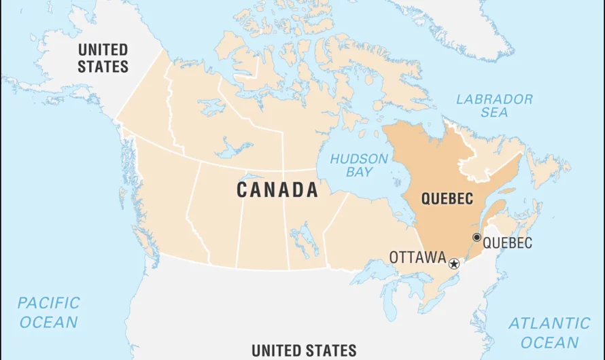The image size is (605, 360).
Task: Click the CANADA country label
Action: click(x=277, y=191)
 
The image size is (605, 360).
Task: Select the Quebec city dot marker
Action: click(x=477, y=237)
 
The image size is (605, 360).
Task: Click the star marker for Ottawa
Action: click(x=454, y=264)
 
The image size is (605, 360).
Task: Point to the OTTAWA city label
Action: click(x=417, y=258)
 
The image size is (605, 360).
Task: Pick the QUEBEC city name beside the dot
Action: click(x=508, y=242)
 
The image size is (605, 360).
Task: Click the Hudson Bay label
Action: click(x=359, y=165)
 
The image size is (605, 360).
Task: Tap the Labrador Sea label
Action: click(x=494, y=105)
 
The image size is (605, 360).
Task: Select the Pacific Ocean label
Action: click(x=48, y=312)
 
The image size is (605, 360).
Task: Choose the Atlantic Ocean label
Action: click(x=549, y=332)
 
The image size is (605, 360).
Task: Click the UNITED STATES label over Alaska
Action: click(x=103, y=58)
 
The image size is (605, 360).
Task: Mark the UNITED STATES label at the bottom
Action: click(x=304, y=350)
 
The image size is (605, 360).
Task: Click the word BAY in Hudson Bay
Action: click(x=359, y=172)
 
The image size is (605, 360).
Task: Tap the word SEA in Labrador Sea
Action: click(x=494, y=113)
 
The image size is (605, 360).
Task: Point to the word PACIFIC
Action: click(x=48, y=303)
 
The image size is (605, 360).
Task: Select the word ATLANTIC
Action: click(x=549, y=323)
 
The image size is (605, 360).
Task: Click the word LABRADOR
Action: click(x=494, y=99)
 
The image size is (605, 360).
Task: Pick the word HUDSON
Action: click(x=359, y=159)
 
